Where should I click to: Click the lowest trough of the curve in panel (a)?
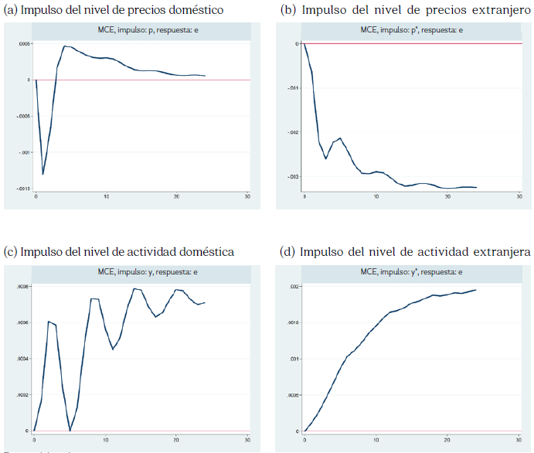pos(43,174)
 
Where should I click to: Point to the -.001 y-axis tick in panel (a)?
pos(23,152)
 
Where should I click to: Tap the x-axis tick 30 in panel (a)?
pos(247,198)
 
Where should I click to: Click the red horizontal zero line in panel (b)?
pos(410,44)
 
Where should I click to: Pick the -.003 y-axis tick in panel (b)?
pos(292,177)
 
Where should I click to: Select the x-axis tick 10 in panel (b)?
pos(376,198)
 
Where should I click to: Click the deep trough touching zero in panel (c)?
pos(70,430)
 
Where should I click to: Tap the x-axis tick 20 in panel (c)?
pos(176,440)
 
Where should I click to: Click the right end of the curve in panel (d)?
pos(475,290)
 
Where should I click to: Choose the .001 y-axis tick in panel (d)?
pos(293,359)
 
